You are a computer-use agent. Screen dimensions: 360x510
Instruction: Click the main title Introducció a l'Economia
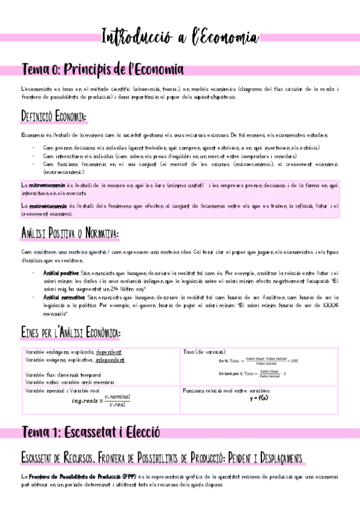[180, 37]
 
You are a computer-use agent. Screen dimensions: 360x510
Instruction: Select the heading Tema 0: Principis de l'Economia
[103, 70]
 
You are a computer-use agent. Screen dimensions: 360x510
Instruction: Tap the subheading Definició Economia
[54, 115]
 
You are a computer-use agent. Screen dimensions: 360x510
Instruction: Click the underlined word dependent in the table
[108, 352]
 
